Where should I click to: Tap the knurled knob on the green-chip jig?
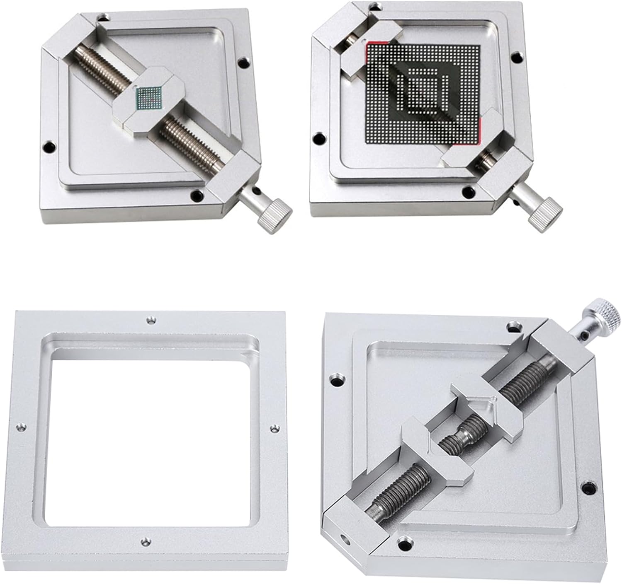[274, 212]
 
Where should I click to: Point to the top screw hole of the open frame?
[151, 320]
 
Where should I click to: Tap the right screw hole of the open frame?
[273, 429]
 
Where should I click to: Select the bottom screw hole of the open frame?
[145, 541]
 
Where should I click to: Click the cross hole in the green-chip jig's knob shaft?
[256, 191]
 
